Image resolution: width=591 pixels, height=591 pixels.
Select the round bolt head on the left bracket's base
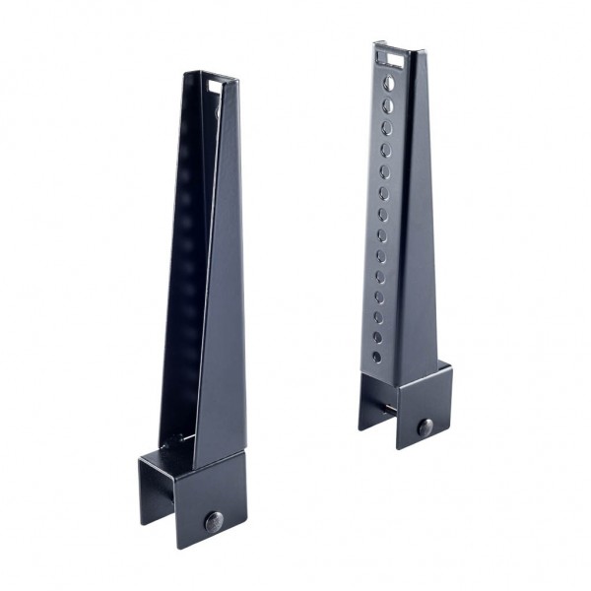click(213, 520)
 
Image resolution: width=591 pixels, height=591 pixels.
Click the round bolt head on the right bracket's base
click(425, 427)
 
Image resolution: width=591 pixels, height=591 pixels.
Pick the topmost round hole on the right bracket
click(389, 83)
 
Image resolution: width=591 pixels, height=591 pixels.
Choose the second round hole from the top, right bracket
click(388, 103)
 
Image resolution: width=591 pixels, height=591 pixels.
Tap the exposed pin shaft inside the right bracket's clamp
click(391, 407)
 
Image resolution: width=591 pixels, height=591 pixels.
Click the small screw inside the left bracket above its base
click(178, 438)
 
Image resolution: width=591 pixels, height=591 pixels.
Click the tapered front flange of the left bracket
click(219, 295)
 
